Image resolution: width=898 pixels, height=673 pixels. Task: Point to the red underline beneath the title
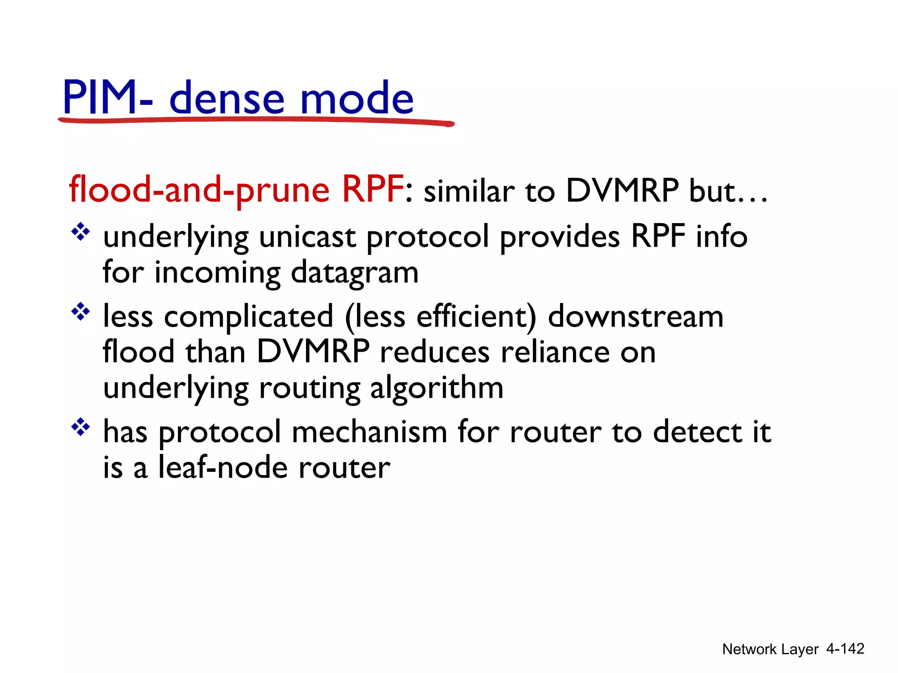point(256,120)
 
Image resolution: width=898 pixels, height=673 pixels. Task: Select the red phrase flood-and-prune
point(200,190)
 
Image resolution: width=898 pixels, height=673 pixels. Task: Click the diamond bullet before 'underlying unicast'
point(81,232)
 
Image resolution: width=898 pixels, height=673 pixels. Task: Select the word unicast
point(307,237)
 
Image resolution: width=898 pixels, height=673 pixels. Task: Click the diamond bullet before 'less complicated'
point(81,312)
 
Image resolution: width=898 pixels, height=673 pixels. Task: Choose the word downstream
point(635,316)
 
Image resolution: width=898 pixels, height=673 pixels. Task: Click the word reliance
point(555,352)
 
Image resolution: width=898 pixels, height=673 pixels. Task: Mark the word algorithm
point(437,388)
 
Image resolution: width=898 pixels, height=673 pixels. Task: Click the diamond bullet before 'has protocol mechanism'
point(81,427)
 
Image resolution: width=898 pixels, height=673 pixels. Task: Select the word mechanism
point(369,432)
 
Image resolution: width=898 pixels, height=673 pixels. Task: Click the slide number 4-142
point(845,648)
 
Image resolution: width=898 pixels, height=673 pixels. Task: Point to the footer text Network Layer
point(770,649)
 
